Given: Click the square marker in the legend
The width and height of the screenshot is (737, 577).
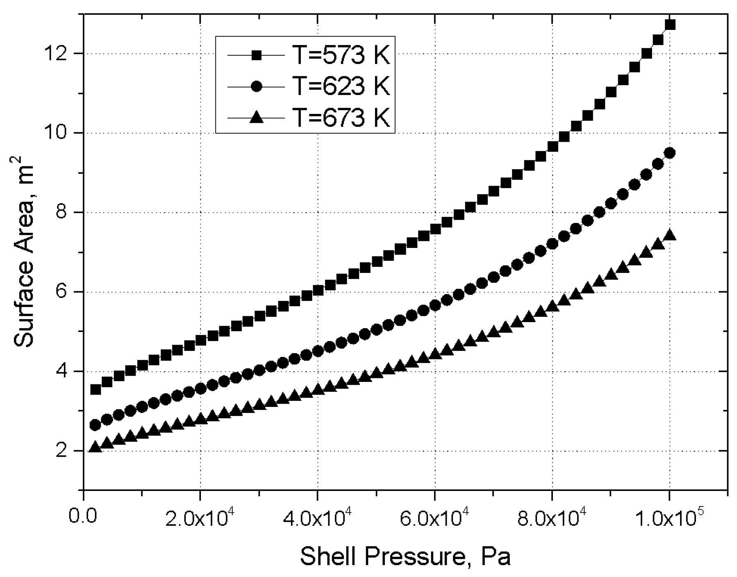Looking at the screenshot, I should (x=256, y=55).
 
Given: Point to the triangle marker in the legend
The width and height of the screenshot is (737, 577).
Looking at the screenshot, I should (x=256, y=118).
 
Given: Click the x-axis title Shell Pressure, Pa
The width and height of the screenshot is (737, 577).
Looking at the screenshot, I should (x=405, y=556).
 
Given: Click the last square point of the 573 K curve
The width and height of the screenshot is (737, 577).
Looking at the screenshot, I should (x=670, y=25).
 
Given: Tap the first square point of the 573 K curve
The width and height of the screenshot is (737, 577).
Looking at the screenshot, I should (x=95, y=389).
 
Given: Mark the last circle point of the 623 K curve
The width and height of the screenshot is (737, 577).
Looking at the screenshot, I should (x=669, y=152).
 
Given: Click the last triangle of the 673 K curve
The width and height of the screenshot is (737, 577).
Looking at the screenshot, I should (x=669, y=235).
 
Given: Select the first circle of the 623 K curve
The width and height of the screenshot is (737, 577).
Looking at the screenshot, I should (x=95, y=425).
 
